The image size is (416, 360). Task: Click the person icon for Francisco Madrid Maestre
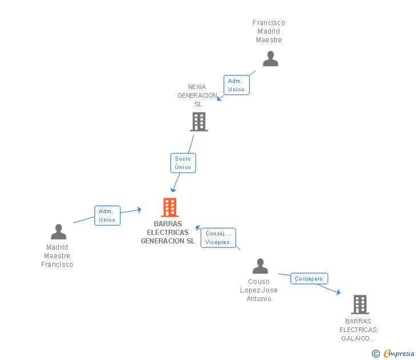point(270,58)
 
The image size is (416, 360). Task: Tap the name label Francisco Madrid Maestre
point(269,31)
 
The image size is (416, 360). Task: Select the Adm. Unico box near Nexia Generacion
point(236,85)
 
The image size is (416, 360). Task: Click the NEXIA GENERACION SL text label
point(197,95)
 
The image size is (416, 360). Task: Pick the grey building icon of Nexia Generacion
point(199,122)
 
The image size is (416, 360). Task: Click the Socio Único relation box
point(183,163)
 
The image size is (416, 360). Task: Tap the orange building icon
point(170,207)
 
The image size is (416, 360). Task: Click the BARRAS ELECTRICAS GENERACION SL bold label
point(168,233)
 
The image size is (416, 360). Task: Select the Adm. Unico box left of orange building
point(107,215)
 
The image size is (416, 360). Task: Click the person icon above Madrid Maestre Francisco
point(58,231)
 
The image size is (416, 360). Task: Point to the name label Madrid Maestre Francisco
point(57,256)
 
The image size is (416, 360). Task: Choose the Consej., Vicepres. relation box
point(218,238)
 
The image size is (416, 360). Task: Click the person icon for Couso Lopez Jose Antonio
point(260,266)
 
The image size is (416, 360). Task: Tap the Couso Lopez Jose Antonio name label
point(259,290)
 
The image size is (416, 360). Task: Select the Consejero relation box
point(309,279)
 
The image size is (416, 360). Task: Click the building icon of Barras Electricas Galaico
point(359,305)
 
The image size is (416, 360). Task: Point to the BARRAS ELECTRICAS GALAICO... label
point(358,330)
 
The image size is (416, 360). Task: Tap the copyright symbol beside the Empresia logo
point(375,354)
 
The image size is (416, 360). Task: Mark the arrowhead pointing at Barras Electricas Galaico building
point(338,293)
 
